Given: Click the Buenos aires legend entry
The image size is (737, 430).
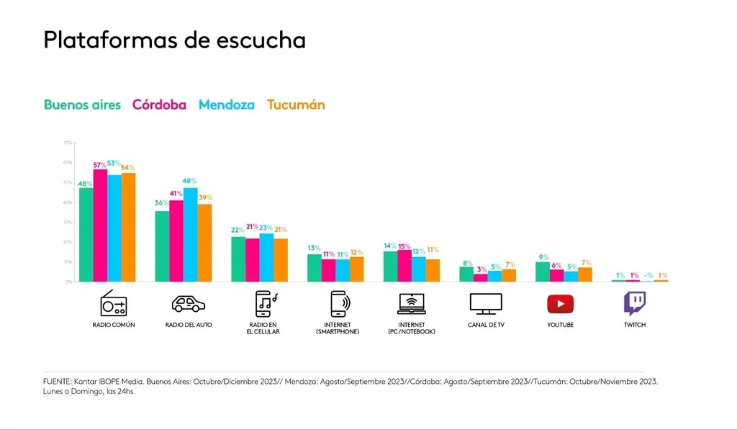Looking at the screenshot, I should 82,104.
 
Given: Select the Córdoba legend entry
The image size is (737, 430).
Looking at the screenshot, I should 159,104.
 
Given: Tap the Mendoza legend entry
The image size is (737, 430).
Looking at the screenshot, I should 226,104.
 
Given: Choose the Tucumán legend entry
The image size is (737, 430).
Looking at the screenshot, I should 296,104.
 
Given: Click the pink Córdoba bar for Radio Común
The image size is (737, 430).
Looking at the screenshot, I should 100,225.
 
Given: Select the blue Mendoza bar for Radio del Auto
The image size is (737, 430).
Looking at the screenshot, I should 190,235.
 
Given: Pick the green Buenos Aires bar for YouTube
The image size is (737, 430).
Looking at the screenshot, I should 542,272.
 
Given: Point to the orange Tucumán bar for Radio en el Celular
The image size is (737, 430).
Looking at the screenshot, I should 281,260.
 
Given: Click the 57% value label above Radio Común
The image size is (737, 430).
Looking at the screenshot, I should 100,165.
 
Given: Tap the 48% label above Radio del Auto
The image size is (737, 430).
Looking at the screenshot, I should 190,181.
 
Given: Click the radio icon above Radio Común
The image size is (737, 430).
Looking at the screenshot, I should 114,303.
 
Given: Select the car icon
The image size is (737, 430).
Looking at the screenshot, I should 189,303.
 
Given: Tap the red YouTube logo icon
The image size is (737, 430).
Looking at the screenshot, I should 560,304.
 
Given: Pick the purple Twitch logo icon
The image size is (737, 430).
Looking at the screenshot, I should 634,303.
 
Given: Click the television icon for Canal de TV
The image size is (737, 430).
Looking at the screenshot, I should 485,303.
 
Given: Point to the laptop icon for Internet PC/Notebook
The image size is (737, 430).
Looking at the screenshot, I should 412,303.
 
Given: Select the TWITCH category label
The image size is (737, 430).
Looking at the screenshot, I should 635,325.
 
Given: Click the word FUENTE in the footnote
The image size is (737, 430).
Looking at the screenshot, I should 57,382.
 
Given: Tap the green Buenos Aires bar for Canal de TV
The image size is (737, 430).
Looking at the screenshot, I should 466,274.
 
